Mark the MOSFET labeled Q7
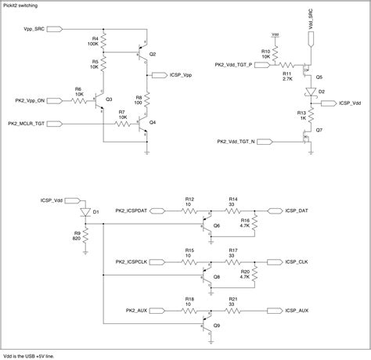(307, 141)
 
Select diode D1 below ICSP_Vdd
(85, 211)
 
